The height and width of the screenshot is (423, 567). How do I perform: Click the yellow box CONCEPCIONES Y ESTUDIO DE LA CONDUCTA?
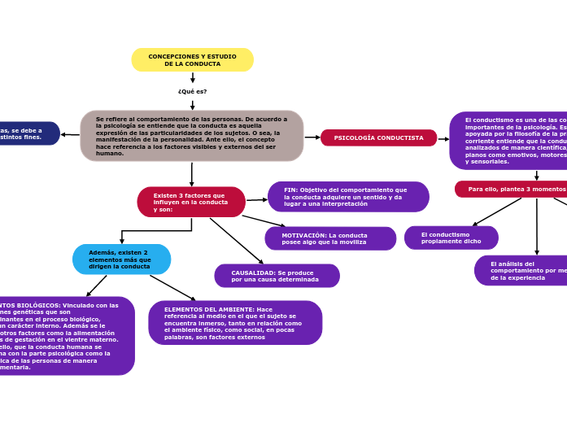click(x=192, y=60)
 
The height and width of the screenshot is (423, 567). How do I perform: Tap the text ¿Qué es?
click(x=192, y=92)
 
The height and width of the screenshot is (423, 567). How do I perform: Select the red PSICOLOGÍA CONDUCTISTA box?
click(x=378, y=137)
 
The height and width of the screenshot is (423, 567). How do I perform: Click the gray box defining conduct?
click(x=192, y=136)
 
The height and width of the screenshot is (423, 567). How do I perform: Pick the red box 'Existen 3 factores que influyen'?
click(x=191, y=203)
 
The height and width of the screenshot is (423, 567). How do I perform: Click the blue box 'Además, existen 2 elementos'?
click(x=121, y=259)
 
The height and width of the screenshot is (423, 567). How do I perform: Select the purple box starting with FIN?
click(x=348, y=197)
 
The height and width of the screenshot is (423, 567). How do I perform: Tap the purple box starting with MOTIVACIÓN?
click(x=330, y=238)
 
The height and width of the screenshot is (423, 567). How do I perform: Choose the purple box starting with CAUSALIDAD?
click(x=277, y=276)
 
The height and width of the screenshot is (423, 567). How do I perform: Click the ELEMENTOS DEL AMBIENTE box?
click(x=235, y=323)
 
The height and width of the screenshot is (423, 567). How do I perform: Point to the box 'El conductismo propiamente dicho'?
click(x=451, y=238)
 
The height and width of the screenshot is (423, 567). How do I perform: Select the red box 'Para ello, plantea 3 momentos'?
click(x=511, y=189)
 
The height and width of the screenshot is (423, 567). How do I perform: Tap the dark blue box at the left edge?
click(x=28, y=133)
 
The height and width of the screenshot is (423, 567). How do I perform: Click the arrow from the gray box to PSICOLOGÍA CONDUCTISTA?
click(x=312, y=137)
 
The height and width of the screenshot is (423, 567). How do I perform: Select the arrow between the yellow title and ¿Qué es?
click(x=192, y=78)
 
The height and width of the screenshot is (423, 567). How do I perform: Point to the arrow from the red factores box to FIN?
click(x=256, y=199)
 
